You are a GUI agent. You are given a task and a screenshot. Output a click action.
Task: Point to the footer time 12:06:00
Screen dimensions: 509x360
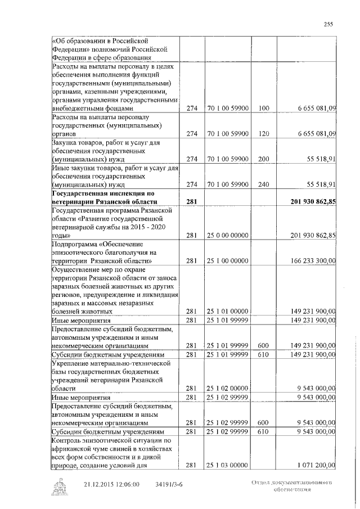[x=136, y=484]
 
